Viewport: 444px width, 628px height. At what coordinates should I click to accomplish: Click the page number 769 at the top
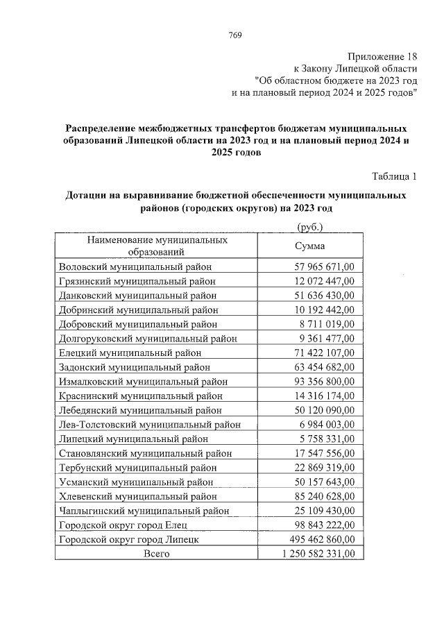(234, 35)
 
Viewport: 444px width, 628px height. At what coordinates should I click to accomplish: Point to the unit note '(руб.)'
(309, 227)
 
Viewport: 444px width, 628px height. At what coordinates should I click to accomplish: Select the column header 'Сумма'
(309, 246)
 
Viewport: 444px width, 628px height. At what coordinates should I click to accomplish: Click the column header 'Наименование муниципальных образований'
(157, 246)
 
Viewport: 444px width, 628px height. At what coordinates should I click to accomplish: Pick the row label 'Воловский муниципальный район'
(135, 266)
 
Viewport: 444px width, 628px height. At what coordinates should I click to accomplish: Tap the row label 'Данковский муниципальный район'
(138, 296)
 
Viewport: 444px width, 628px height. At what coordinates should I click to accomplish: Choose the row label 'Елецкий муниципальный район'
(130, 353)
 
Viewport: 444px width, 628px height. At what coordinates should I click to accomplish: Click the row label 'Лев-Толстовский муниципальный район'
(150, 425)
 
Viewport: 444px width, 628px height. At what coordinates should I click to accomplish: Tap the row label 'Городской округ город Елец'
(123, 525)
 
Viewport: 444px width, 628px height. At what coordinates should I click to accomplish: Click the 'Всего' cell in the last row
(156, 554)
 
